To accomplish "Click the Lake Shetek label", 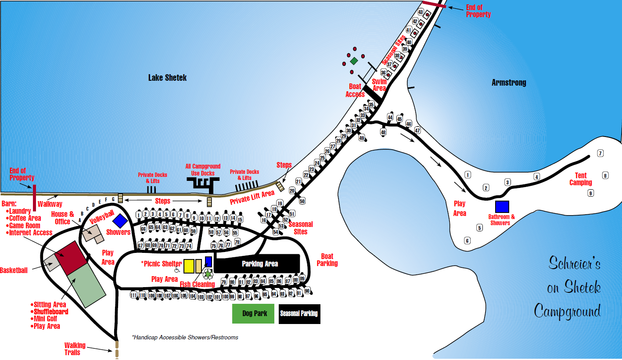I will pyautogui.click(x=167, y=78).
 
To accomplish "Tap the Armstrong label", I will pyautogui.click(x=508, y=83).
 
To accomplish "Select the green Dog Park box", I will pyautogui.click(x=255, y=313).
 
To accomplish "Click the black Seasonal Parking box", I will pyautogui.click(x=299, y=313).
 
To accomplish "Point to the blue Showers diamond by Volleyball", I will pyautogui.click(x=120, y=221).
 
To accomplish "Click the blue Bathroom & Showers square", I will pyautogui.click(x=502, y=207).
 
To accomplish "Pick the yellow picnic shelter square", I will pyautogui.click(x=189, y=266).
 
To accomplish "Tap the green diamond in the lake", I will pyautogui.click(x=354, y=61).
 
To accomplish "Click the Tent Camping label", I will pyautogui.click(x=581, y=179).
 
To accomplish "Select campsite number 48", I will pyautogui.click(x=383, y=132).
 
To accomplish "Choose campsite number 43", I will pyautogui.click(x=421, y=12).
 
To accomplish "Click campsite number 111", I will pyautogui.click(x=134, y=295).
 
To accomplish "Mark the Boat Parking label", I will pyautogui.click(x=327, y=259).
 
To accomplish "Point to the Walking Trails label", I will pyautogui.click(x=75, y=349).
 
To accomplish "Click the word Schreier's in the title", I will pyautogui.click(x=574, y=263).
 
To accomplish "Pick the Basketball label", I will pyautogui.click(x=14, y=270).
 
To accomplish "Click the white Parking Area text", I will pyautogui.click(x=259, y=264).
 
